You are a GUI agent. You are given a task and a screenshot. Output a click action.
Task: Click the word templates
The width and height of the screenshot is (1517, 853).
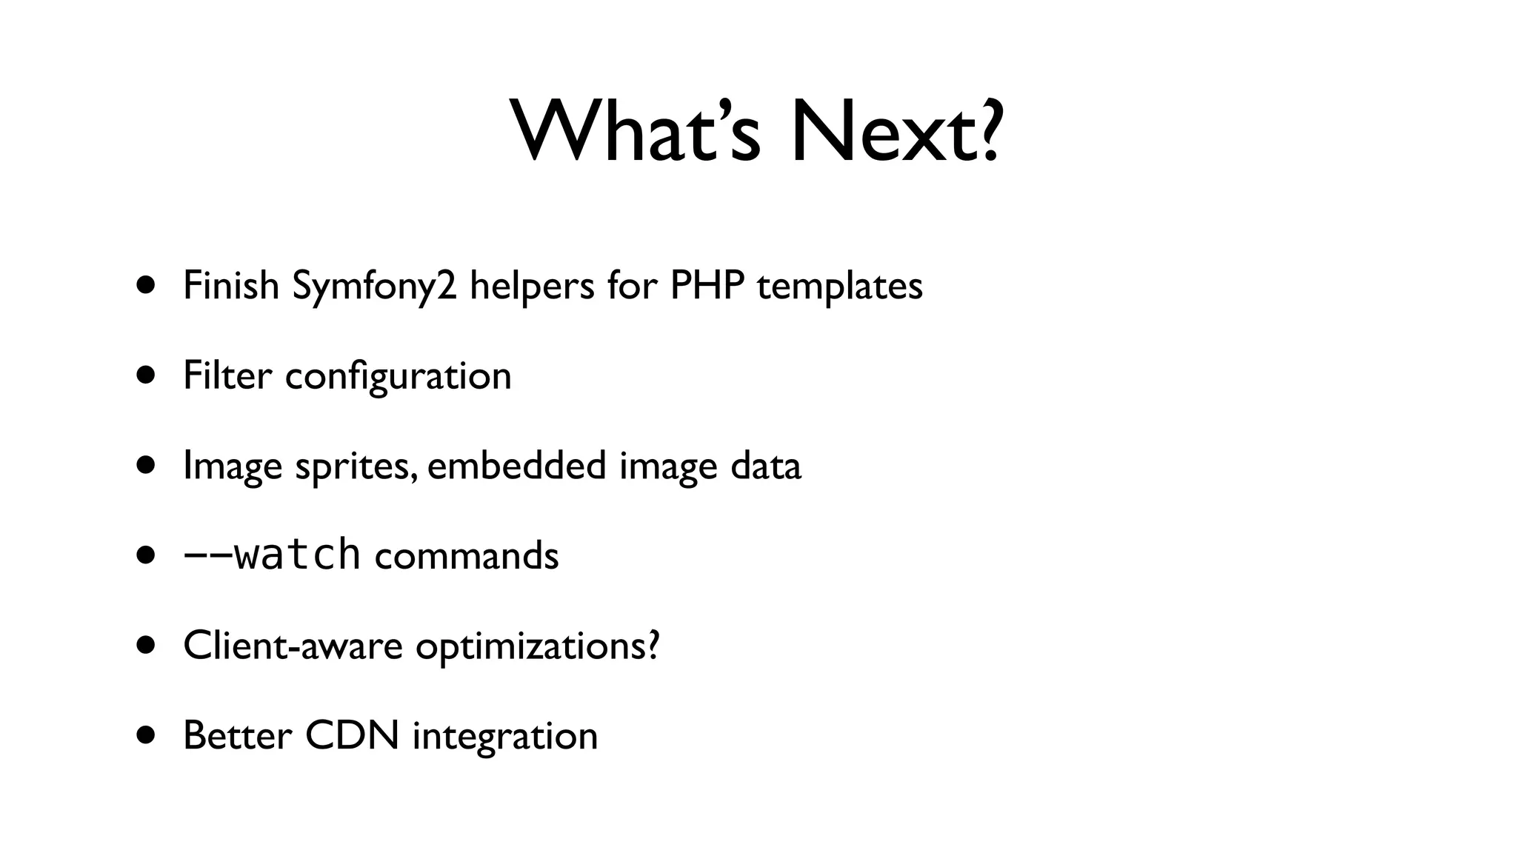click(x=839, y=287)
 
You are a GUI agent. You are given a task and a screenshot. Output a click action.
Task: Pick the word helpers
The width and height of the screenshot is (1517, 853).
click(x=532, y=287)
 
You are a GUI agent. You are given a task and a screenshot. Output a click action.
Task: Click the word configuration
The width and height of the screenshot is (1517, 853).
click(x=398, y=376)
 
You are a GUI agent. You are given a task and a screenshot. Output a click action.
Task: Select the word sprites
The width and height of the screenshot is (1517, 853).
click(x=352, y=466)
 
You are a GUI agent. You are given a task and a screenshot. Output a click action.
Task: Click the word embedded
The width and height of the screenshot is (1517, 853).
click(x=516, y=465)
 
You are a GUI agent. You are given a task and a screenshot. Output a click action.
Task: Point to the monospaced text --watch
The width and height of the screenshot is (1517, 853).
click(x=272, y=555)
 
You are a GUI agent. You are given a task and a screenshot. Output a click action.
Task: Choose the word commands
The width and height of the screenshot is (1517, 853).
click(x=467, y=555)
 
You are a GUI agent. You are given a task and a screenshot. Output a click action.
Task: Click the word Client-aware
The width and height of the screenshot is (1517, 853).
click(x=293, y=645)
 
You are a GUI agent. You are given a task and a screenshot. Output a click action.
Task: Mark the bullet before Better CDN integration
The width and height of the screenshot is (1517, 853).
click(x=146, y=735)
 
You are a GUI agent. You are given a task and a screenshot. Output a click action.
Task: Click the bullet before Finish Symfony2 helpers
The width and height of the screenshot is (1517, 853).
click(x=146, y=286)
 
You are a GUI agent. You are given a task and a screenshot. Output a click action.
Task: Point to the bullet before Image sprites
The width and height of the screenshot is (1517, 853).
click(x=146, y=466)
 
